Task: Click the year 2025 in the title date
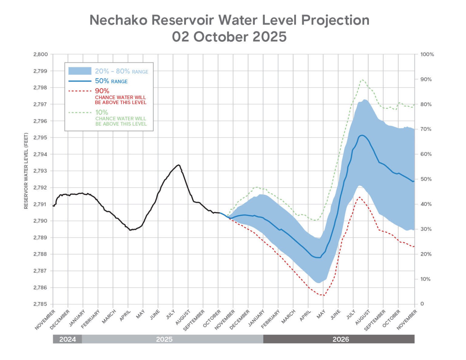point(269,37)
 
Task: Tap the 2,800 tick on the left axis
point(40,55)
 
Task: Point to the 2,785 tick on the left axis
point(40,304)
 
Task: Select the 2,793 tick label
point(40,171)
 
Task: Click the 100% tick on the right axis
point(427,55)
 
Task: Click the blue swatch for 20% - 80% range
point(80,71)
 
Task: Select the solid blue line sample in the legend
point(80,81)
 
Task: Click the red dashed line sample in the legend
point(80,91)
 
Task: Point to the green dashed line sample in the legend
point(80,113)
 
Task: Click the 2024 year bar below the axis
point(67,339)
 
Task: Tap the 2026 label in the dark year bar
point(341,339)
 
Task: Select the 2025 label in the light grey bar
point(164,339)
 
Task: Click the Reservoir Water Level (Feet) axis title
point(26,171)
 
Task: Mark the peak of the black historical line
point(179,165)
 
